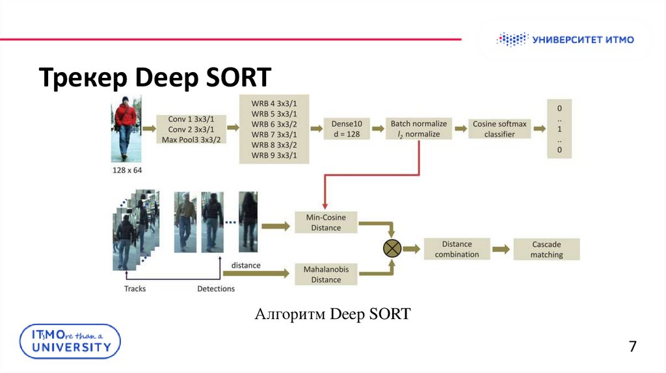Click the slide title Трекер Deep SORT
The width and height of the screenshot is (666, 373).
(x=154, y=77)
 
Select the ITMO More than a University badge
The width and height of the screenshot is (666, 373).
(x=70, y=341)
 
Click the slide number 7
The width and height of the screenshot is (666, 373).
(x=632, y=346)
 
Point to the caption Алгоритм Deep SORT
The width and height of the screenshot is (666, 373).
(x=332, y=315)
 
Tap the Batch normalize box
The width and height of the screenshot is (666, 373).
(x=419, y=129)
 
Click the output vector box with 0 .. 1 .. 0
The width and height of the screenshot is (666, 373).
(x=559, y=129)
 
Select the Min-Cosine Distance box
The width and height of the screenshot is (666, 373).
(x=326, y=222)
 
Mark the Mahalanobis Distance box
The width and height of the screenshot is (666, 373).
(x=326, y=274)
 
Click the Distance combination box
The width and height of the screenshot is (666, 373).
(x=457, y=249)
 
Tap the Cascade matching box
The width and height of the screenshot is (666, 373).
(x=546, y=249)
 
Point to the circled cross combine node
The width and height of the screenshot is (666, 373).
(x=392, y=248)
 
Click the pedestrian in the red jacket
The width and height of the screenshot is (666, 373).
(x=125, y=129)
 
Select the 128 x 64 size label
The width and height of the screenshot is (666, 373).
(x=126, y=170)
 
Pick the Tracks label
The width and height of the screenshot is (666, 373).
(x=135, y=289)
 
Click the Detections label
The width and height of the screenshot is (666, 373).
(x=216, y=289)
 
